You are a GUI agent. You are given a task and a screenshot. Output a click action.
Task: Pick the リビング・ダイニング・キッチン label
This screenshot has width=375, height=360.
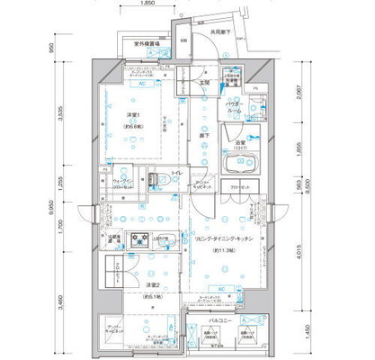220,238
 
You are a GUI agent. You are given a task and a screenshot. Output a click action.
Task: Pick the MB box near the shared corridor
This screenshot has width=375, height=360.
183,42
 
